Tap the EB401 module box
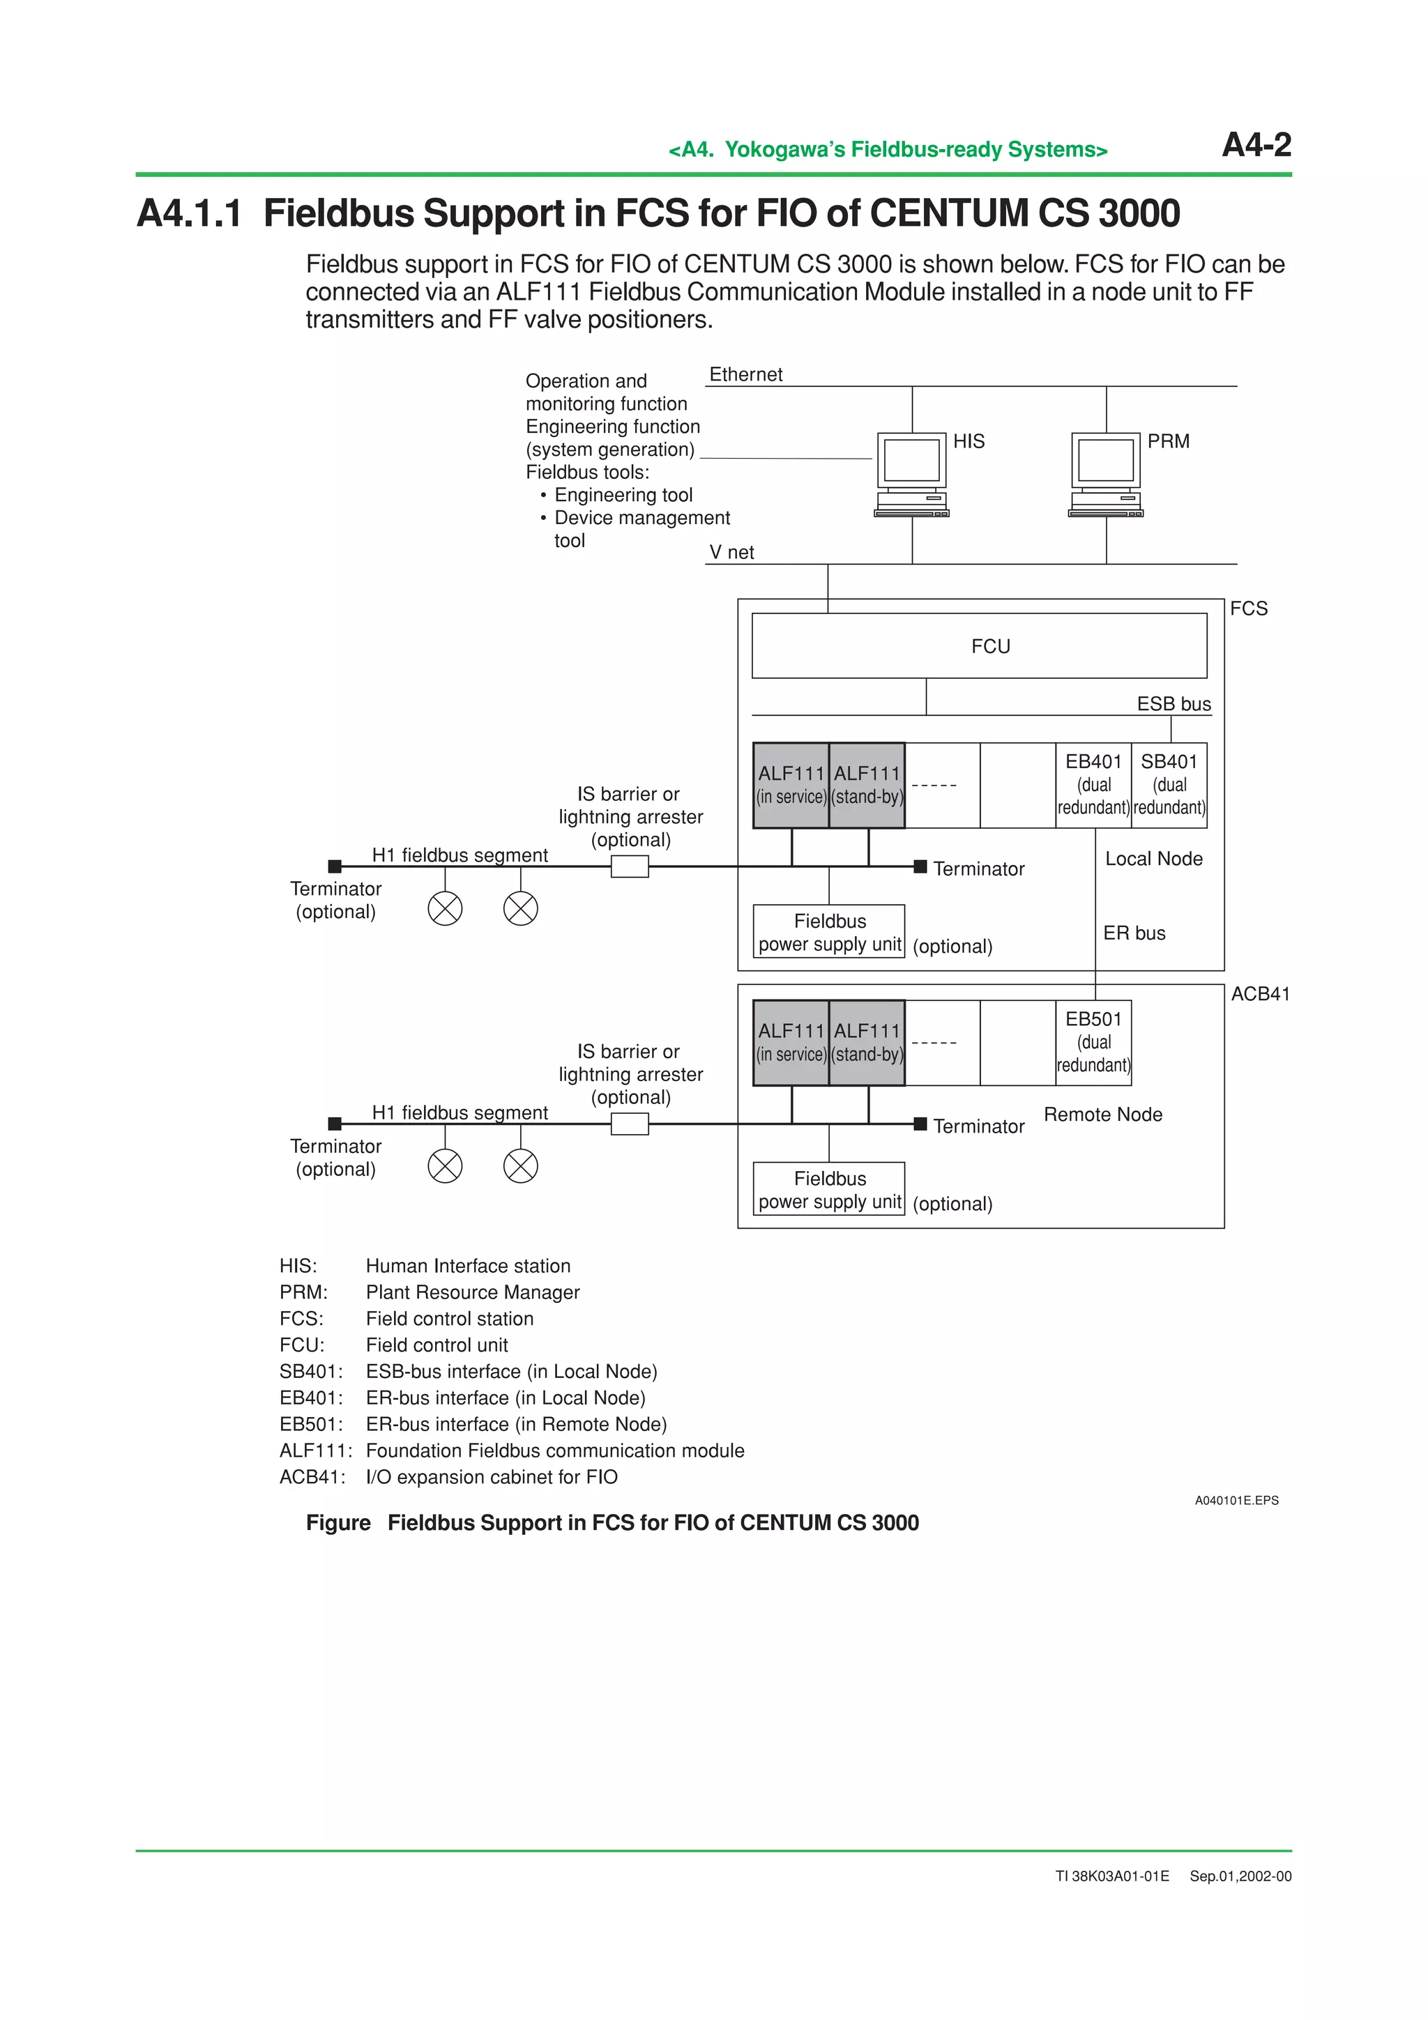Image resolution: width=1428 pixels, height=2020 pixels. coord(1093,784)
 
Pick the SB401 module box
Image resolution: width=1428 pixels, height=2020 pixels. coord(1169,784)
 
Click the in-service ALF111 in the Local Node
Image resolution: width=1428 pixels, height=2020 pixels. coord(791,785)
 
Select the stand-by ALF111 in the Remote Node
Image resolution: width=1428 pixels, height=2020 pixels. coord(867,1043)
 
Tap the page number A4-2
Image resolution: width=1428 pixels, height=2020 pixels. coord(1256,145)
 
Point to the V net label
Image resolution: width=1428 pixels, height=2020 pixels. coord(731,553)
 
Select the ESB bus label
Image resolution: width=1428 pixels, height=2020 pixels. coord(1173,704)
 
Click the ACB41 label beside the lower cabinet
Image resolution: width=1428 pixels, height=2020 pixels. coord(1260,994)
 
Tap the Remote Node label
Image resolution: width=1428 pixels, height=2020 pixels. coord(1102,1115)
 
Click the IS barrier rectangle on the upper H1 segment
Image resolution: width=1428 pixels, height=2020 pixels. coord(629,866)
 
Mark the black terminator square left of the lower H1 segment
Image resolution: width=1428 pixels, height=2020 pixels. coord(335,1124)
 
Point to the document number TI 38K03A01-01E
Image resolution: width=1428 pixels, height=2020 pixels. coord(1112,1876)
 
